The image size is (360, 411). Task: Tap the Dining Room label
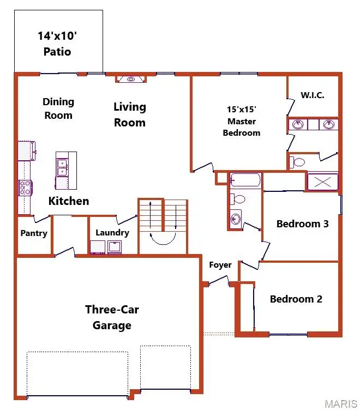coord(58,108)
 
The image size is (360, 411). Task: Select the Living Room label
coord(130,114)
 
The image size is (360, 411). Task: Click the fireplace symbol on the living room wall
coord(131,79)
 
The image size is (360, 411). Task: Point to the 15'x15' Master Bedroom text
coord(242,120)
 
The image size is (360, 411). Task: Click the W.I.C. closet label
coord(313,95)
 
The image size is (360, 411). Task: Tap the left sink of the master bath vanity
coord(298,125)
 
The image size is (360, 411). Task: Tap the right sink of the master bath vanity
coord(328,125)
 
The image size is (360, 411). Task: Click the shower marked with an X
coord(322,182)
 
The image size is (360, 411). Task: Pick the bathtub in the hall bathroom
coord(245,180)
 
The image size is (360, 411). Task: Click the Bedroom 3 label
coord(302,223)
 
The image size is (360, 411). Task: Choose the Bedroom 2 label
coord(296,299)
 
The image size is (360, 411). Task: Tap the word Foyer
coord(220,265)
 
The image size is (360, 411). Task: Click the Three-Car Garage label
coord(112,317)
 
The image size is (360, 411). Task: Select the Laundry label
coord(112,233)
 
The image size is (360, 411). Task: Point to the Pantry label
coord(34,233)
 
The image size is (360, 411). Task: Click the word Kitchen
coord(69,201)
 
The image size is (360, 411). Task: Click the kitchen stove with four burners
coord(25,188)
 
